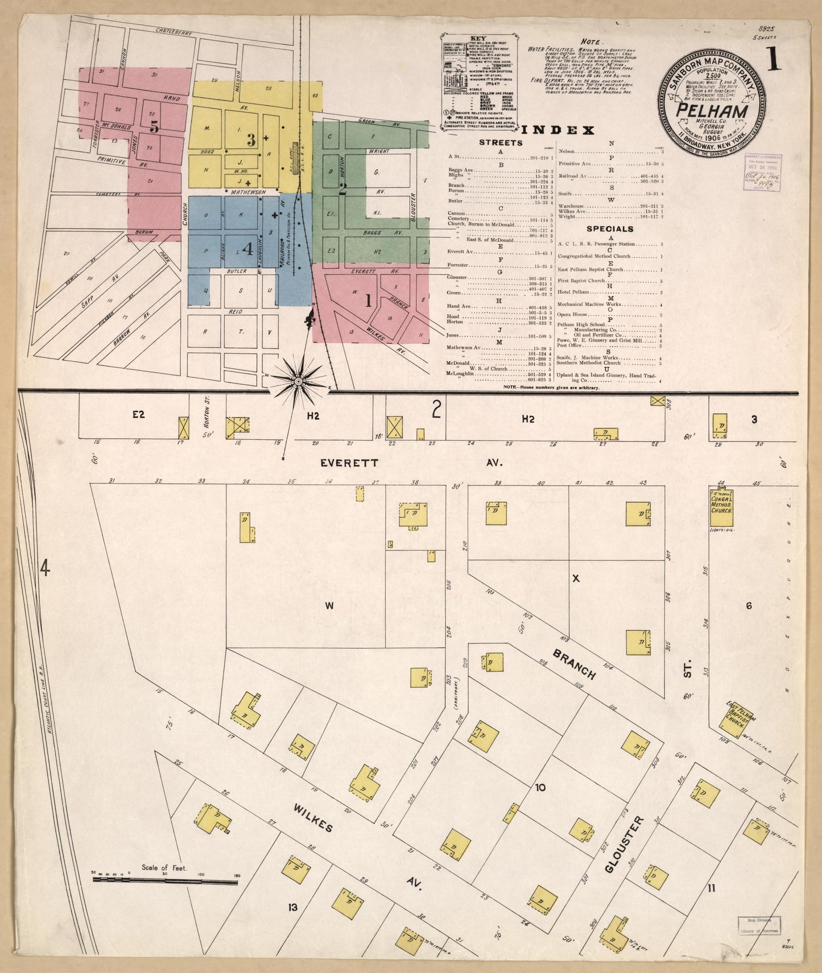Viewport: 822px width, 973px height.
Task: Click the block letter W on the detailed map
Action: (x=329, y=606)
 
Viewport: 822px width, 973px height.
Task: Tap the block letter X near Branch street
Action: (x=576, y=579)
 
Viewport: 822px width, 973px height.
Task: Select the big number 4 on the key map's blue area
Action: (x=247, y=248)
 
